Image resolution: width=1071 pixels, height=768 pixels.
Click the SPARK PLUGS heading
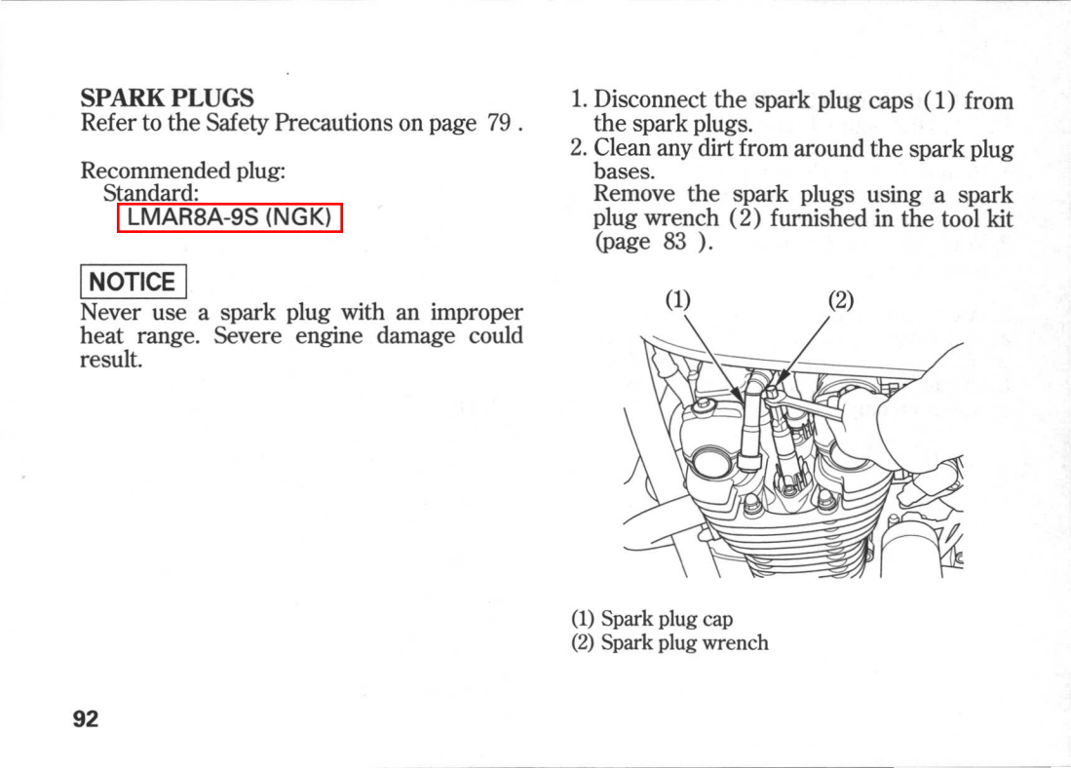tap(167, 98)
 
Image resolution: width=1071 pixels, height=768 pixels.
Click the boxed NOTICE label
tap(133, 283)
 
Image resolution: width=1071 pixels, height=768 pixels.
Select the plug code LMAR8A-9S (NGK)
tap(230, 217)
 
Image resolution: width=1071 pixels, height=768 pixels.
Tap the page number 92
tap(86, 719)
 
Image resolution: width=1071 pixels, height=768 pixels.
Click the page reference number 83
tap(675, 243)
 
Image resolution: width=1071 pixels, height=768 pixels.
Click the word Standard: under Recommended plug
tap(151, 194)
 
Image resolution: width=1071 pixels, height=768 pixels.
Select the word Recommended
tap(155, 171)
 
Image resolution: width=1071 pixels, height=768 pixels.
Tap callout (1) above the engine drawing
tap(677, 300)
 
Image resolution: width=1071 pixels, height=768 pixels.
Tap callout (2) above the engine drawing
tap(840, 300)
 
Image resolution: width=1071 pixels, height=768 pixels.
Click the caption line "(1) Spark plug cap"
tap(652, 619)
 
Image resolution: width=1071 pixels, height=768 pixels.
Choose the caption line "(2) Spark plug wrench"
tap(669, 643)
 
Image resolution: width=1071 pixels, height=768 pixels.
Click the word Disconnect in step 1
tap(651, 100)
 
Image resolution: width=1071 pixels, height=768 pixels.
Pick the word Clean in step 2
tap(622, 149)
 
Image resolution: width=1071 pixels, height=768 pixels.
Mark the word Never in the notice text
tap(111, 314)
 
